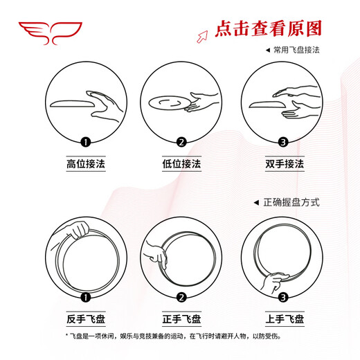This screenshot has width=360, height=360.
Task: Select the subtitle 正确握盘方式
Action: coord(291,202)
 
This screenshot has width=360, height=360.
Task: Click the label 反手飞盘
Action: coord(86,319)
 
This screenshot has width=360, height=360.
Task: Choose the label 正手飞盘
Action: coord(182,319)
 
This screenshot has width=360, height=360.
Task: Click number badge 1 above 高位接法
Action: coord(86,143)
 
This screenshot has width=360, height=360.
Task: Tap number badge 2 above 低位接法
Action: coord(182,143)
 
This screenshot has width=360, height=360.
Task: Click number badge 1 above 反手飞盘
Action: coord(86,298)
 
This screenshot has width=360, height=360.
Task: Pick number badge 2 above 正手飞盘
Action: coord(182,298)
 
